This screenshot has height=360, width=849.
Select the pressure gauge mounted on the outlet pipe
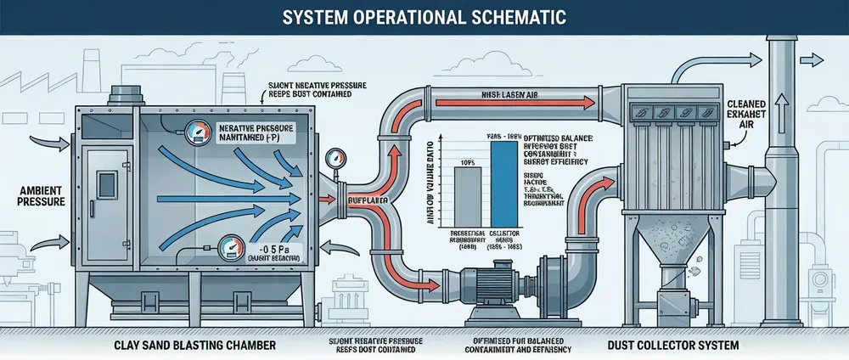pyautogui.click(x=329, y=160)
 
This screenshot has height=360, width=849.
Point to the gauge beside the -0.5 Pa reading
pyautogui.click(x=230, y=249)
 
